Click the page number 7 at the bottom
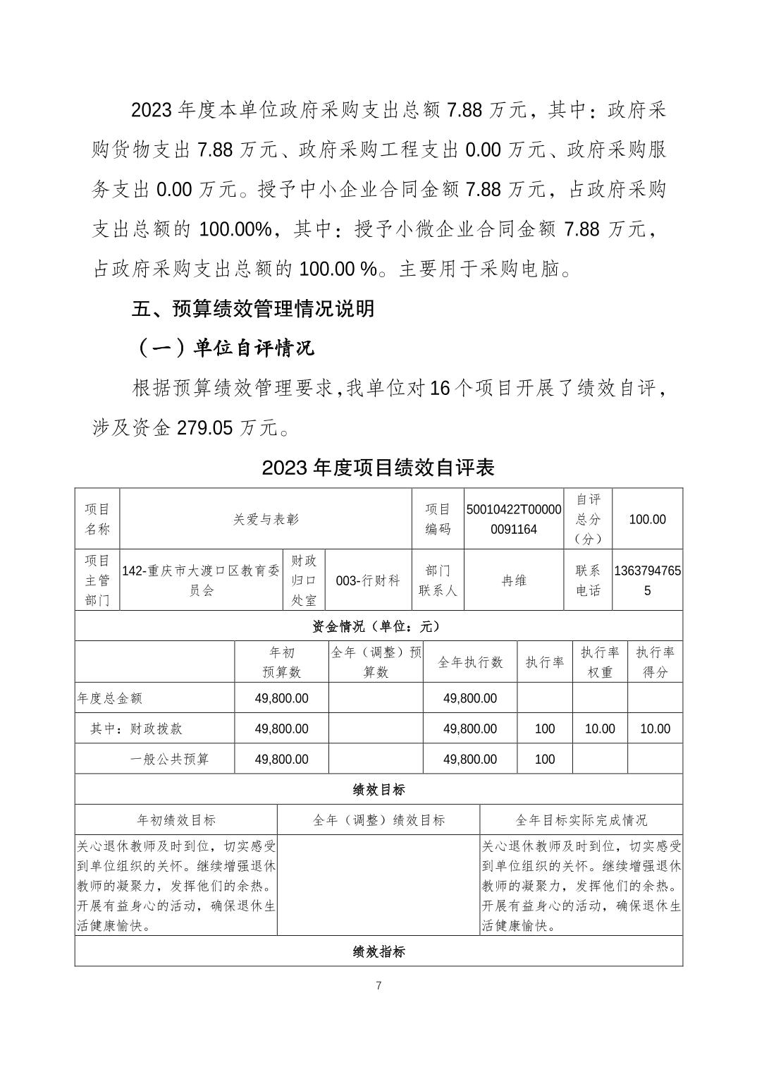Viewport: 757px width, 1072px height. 378,985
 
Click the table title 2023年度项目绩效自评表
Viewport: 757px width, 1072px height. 378,468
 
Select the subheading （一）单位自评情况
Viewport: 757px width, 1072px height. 223,348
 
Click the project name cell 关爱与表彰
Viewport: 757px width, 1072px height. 266,519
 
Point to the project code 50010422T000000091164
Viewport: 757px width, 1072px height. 514,519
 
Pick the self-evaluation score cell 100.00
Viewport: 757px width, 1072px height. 647,519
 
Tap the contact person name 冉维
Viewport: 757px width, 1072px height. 514,580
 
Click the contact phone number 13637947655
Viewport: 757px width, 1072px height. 647,580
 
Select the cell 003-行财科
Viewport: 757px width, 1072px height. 367,580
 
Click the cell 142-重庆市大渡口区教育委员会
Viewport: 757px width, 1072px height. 201,580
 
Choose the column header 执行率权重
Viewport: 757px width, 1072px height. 600,662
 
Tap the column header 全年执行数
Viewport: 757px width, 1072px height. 470,662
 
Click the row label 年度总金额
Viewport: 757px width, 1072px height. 110,698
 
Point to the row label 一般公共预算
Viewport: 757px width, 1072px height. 169,759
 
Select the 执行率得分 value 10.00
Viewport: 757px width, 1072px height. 655,729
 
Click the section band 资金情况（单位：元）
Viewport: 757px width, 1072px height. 378,626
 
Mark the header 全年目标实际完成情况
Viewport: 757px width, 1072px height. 581,820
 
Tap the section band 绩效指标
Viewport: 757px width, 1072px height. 378,951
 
